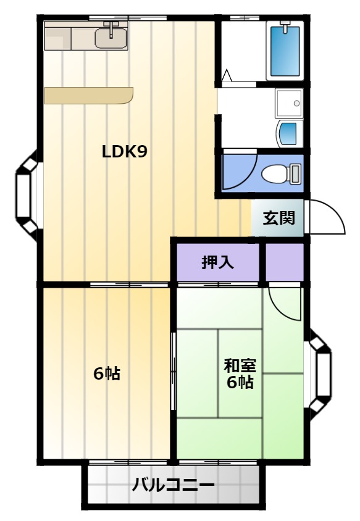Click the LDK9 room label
click(x=124, y=152)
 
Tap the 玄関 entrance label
click(x=279, y=218)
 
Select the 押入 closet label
click(x=218, y=262)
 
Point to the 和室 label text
click(x=240, y=365)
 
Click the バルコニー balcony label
click(x=173, y=485)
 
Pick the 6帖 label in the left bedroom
click(x=107, y=374)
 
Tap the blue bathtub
click(x=285, y=51)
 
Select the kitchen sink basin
click(x=111, y=38)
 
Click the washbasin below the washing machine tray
click(x=288, y=133)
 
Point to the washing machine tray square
click(x=289, y=103)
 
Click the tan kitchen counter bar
click(x=89, y=96)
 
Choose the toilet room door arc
click(x=249, y=176)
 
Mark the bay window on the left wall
click(x=27, y=195)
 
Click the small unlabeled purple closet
click(x=285, y=262)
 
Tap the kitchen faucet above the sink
click(x=111, y=28)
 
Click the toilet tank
click(x=295, y=173)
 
